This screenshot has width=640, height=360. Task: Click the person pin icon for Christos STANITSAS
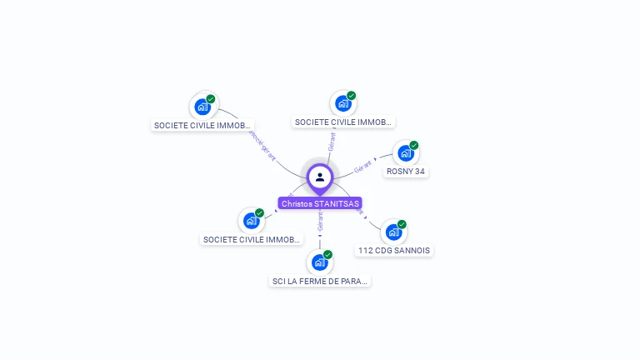click(x=320, y=177)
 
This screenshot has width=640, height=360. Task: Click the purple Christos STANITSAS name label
click(x=320, y=203)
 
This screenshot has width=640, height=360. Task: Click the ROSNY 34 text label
click(x=406, y=172)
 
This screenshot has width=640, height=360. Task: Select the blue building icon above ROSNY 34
click(x=405, y=153)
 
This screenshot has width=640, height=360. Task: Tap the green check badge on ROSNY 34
click(x=414, y=145)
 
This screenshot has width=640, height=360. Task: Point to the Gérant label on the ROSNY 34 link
click(x=362, y=167)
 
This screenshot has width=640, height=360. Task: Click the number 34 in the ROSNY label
click(x=421, y=172)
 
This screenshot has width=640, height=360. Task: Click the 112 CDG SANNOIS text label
click(x=395, y=250)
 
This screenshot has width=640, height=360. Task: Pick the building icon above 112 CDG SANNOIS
click(x=392, y=232)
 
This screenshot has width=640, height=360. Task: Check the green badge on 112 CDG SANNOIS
click(x=402, y=224)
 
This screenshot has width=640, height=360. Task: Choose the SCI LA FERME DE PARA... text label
click(x=320, y=281)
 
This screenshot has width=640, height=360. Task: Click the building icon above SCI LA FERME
click(x=319, y=262)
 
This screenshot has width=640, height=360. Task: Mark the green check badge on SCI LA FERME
click(x=327, y=254)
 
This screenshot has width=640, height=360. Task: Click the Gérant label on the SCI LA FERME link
click(x=320, y=222)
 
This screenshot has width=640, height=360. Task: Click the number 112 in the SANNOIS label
click(x=364, y=250)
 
